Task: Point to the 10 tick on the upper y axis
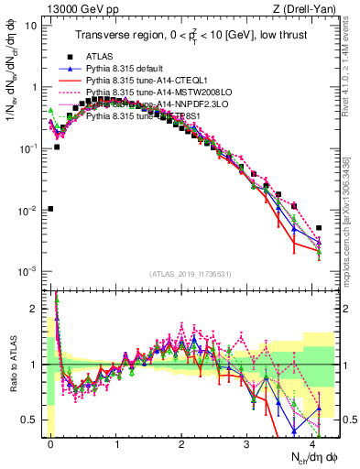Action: [31, 26]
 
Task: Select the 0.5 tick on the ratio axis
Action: [31, 420]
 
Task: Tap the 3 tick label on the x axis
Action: [247, 442]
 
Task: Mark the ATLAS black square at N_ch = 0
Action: [50, 209]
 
